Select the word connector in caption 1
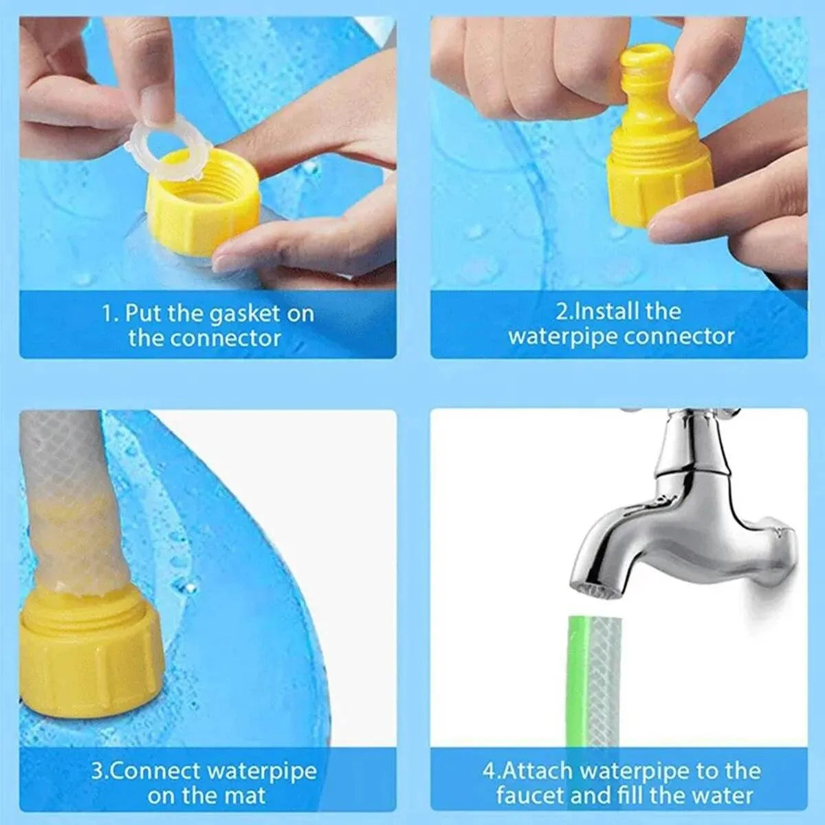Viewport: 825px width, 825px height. tap(226, 338)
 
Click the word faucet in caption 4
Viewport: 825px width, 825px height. tap(528, 796)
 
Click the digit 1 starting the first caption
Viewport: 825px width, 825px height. tap(107, 315)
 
